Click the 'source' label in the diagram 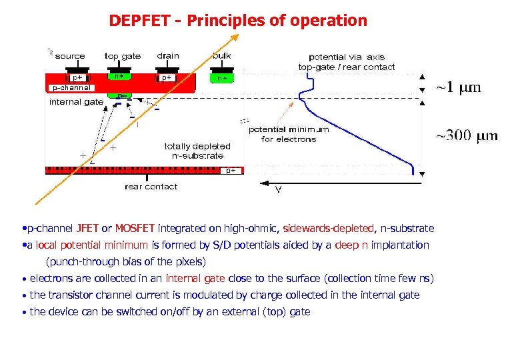coord(70,56)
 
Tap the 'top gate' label coord(123,56)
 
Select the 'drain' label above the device coord(168,56)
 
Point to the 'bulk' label coord(222,56)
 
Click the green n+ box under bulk coord(223,78)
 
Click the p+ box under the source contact coord(77,77)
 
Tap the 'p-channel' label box coord(70,87)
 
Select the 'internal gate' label coord(76,102)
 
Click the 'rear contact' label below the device coord(151,187)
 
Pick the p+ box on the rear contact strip coord(230,171)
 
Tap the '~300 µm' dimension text coord(467,136)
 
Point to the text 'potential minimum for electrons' coord(288,134)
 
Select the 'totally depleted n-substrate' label coord(197,151)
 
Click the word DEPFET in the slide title coord(141,21)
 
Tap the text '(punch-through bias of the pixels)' coord(126,261)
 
